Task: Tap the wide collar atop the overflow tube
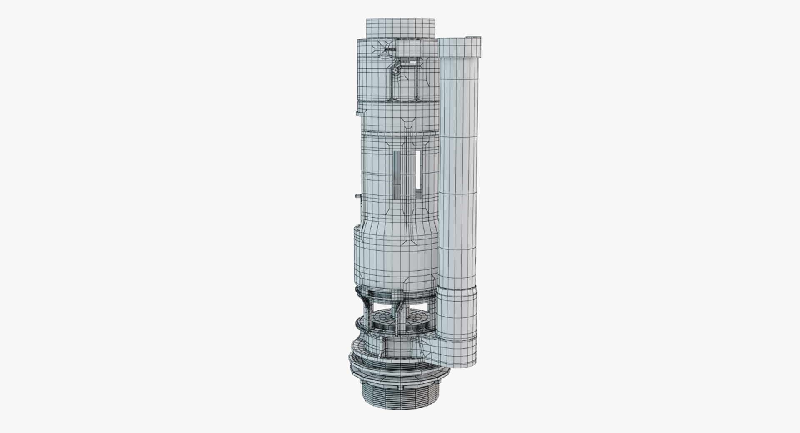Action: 458,48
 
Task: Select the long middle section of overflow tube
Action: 458,167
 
